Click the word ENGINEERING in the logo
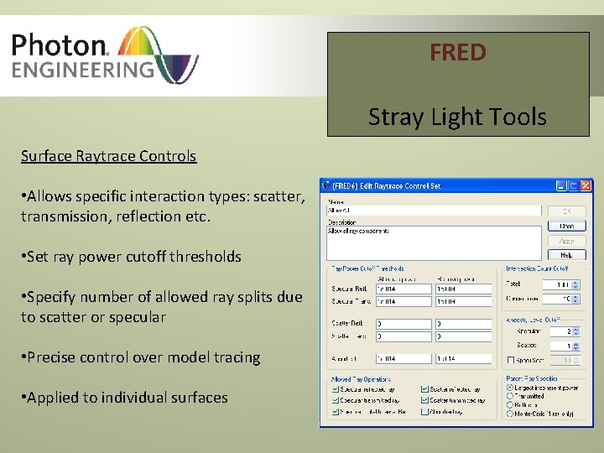pos(83,69)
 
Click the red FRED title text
pos(457,53)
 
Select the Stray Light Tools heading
pos(457,117)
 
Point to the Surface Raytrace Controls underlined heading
pos(108,156)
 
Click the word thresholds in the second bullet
pos(206,257)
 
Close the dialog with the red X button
pos(586,185)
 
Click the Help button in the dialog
pos(566,255)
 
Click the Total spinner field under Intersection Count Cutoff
pos(554,285)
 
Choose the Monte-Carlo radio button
pos(509,414)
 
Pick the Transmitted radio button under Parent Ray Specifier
pos(509,397)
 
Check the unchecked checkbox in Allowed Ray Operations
pos(424,412)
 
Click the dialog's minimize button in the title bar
pos(561,185)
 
